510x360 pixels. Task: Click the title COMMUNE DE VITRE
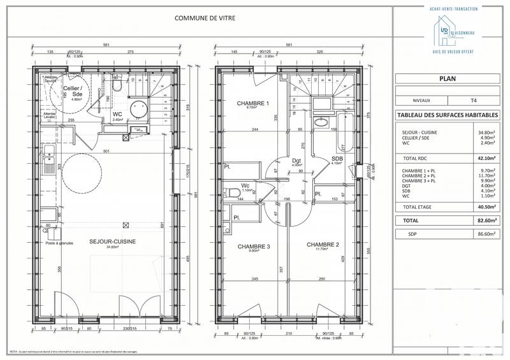click(x=205, y=18)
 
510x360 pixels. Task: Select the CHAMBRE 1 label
click(x=253, y=104)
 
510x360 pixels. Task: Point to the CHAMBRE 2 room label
click(x=322, y=245)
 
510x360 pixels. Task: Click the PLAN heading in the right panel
click(x=447, y=79)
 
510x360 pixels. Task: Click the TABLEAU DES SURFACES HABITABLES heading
click(x=447, y=115)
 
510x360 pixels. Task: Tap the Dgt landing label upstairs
click(x=296, y=162)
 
